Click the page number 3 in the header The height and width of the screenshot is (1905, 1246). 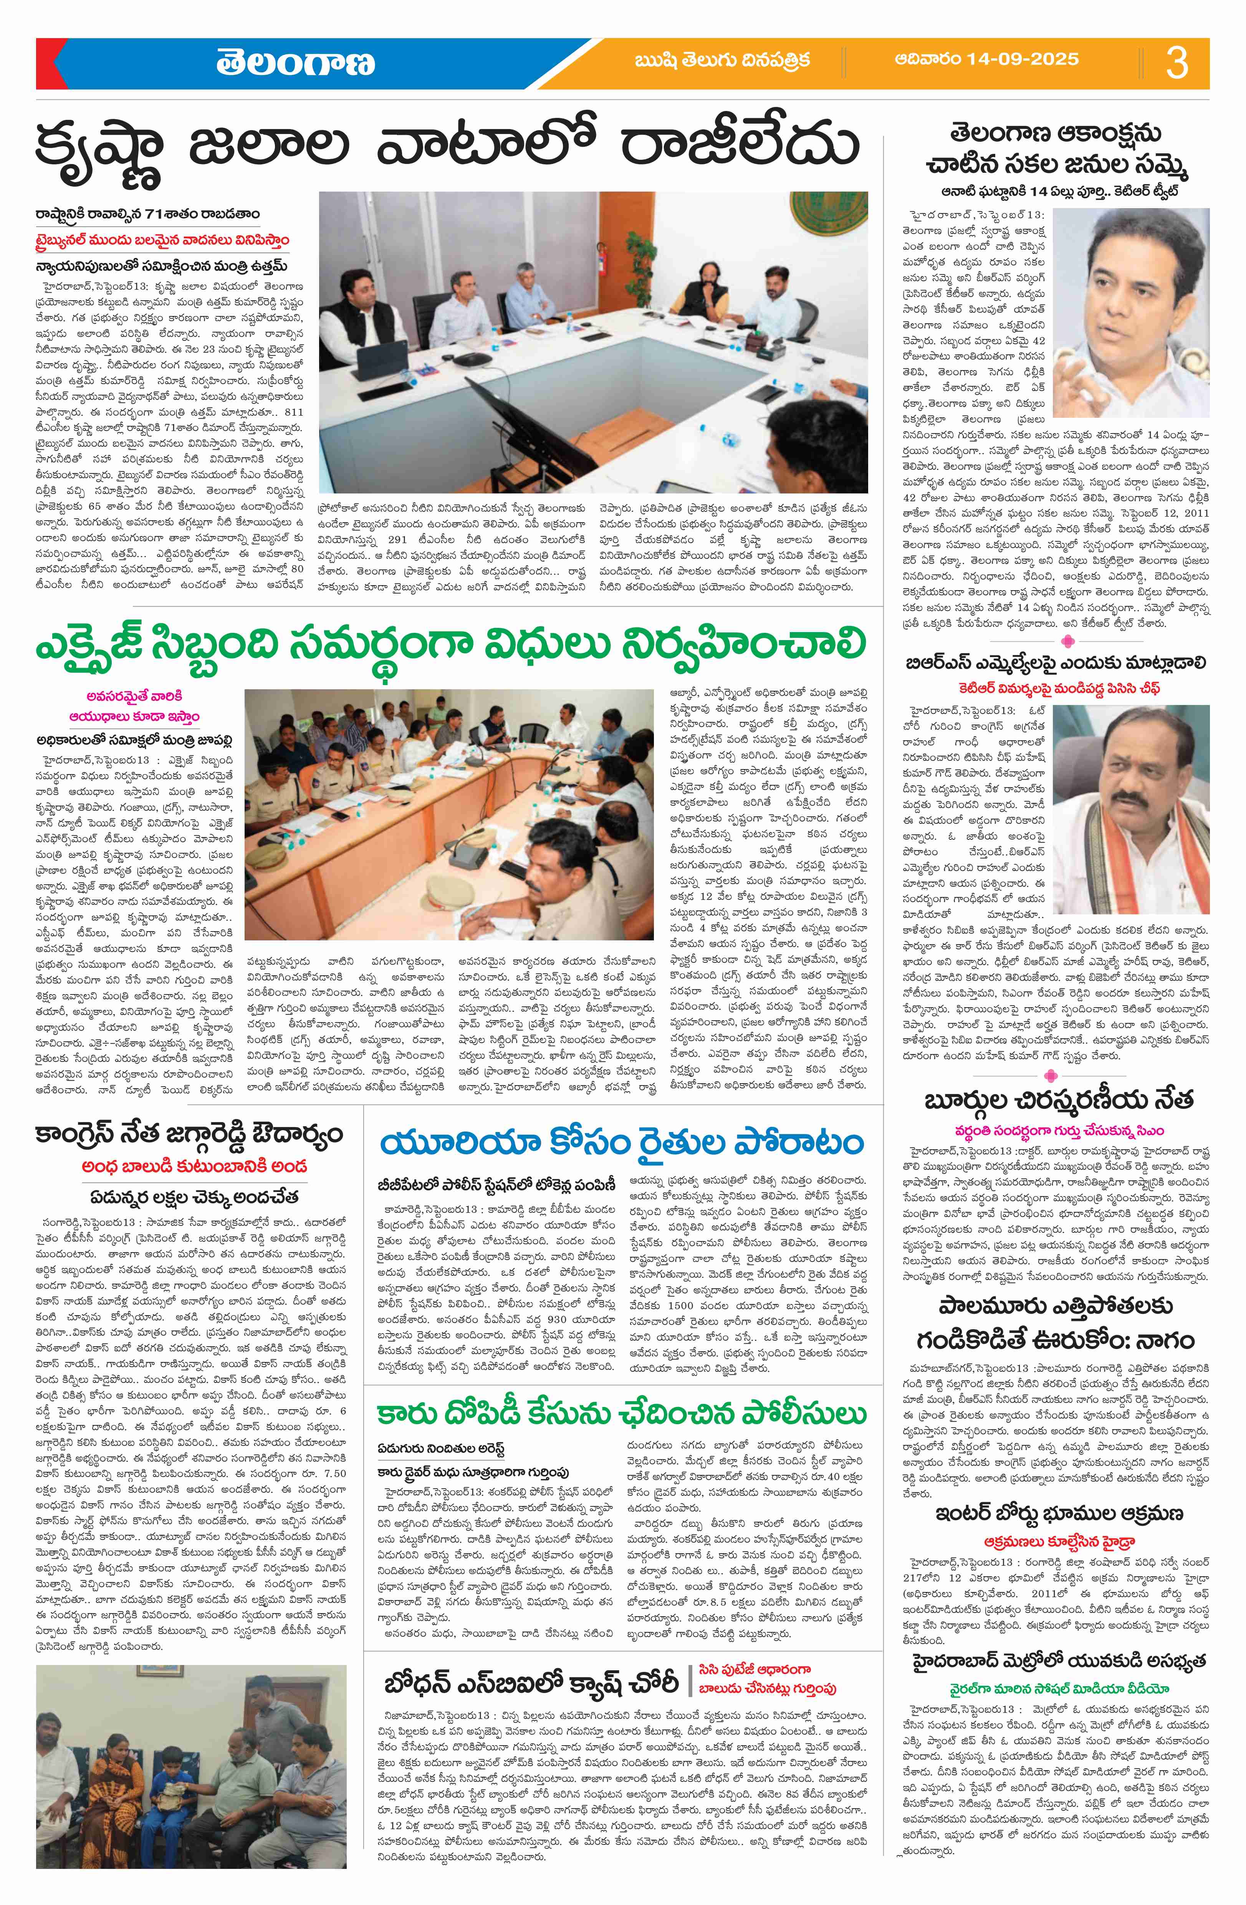1177,63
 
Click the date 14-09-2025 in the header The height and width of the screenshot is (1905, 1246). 987,59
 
